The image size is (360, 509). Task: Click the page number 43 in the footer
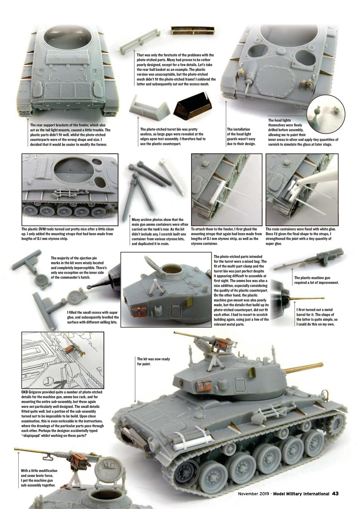pos(335,493)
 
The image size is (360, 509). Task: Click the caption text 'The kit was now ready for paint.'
pos(153,361)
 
